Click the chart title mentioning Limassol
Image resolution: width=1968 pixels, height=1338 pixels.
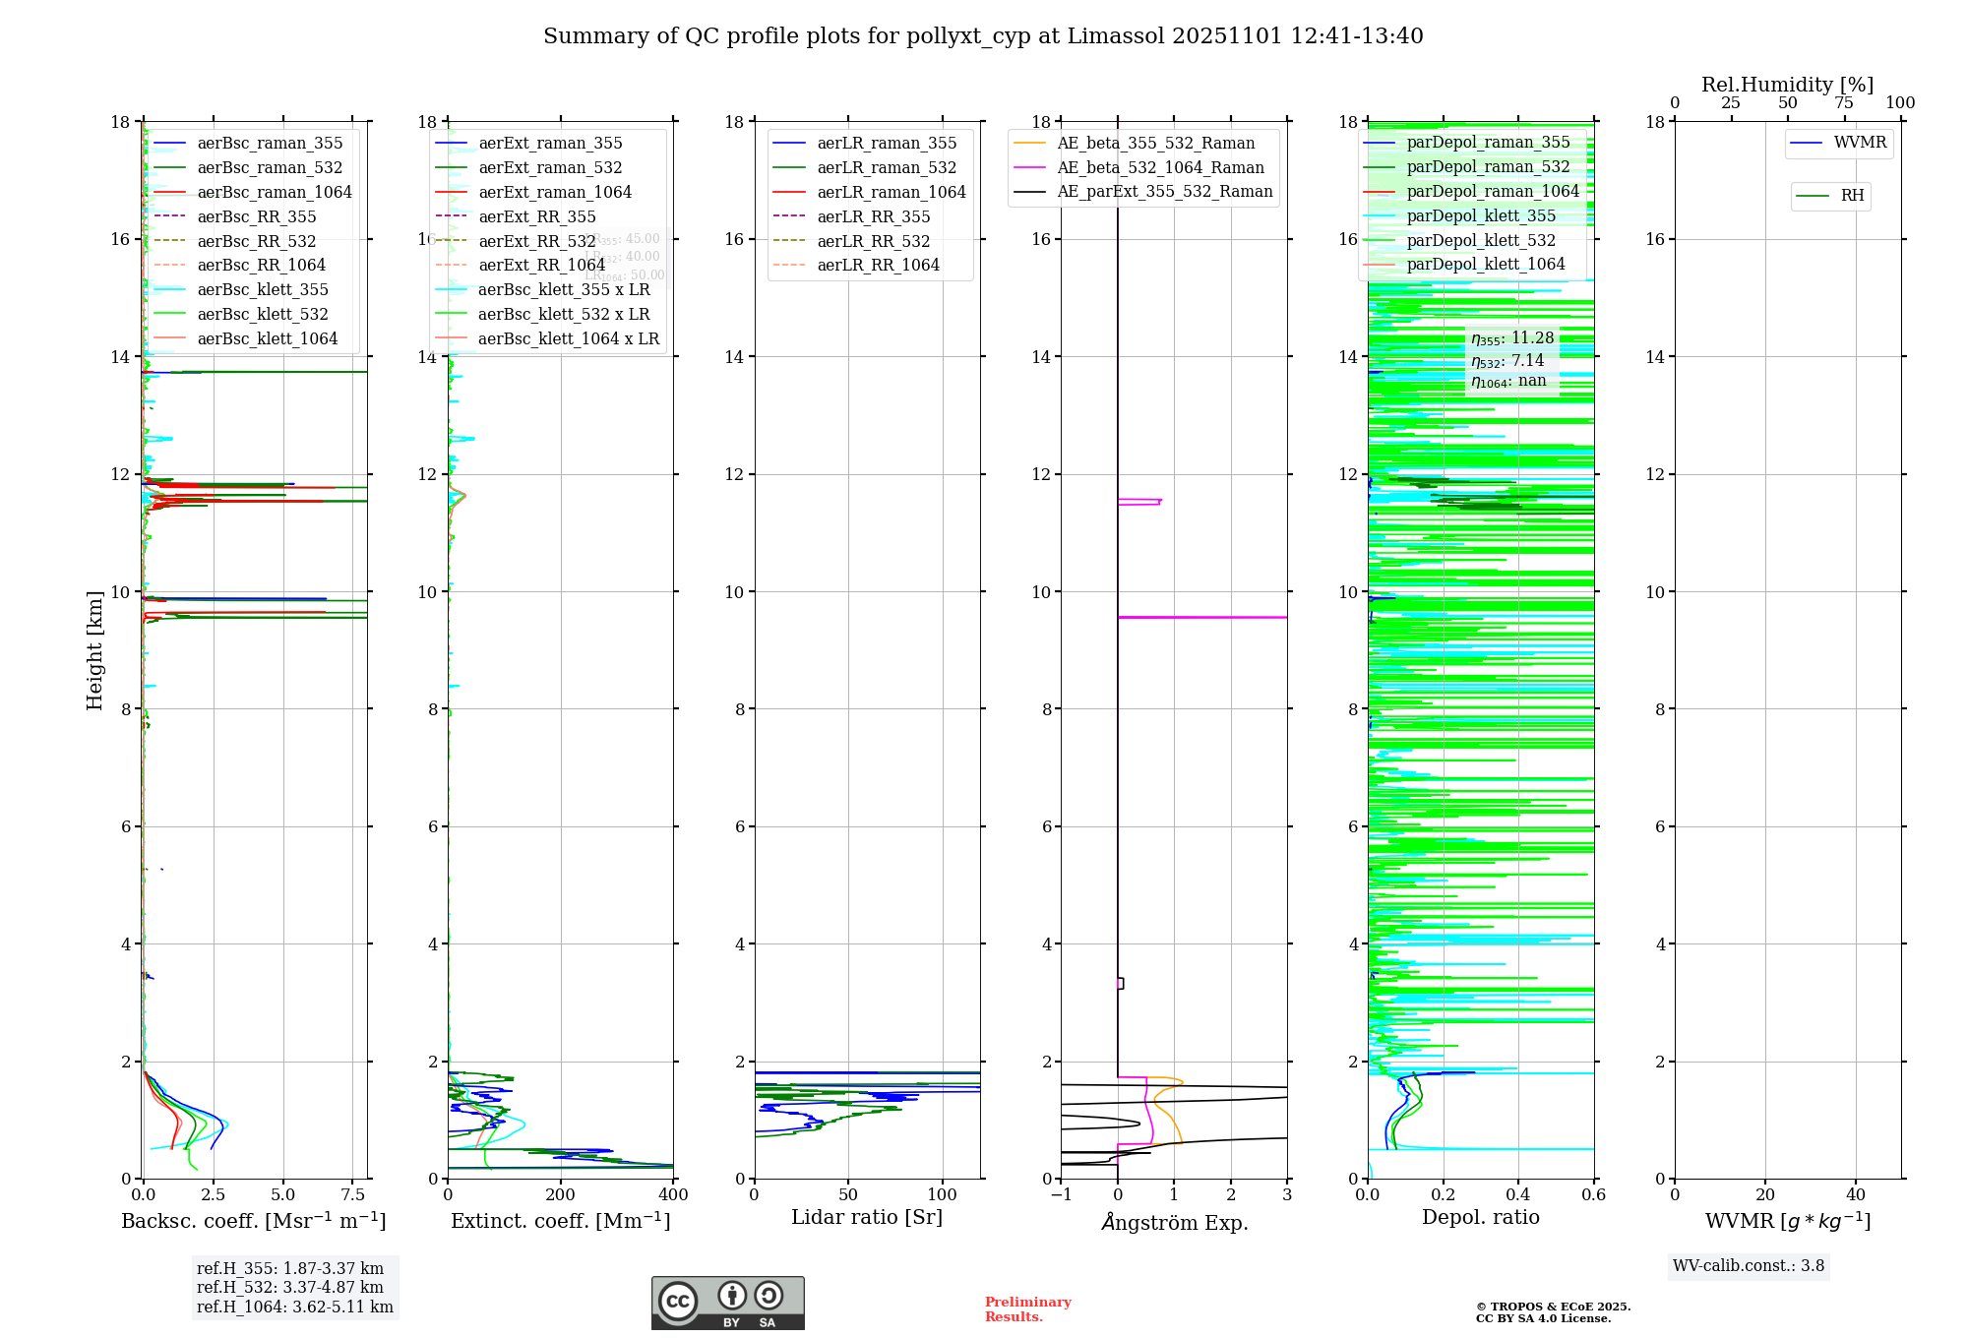pos(983,36)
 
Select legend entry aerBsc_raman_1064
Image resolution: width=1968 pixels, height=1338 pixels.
pos(274,192)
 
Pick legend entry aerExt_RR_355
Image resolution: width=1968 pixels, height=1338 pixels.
pos(536,216)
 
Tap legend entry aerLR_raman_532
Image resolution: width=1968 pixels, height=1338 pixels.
pos(886,167)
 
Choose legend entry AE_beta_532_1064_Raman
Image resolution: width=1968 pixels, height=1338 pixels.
pos(1160,167)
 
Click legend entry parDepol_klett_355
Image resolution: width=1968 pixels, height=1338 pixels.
pos(1480,215)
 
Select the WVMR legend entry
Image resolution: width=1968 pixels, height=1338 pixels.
pos(1859,143)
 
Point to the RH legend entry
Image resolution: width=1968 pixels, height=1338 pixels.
pos(1851,196)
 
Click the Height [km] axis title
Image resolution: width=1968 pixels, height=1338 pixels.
pos(94,649)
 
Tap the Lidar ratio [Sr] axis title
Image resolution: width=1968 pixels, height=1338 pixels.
pos(867,1217)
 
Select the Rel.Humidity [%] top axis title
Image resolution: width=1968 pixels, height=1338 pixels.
pos(1787,85)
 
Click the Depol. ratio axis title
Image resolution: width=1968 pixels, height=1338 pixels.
pos(1480,1217)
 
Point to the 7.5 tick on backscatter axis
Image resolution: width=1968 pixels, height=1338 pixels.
pos(353,1195)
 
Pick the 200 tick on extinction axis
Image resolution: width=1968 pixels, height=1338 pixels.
pos(561,1195)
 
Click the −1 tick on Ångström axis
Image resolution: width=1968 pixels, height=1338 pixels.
pos(1061,1195)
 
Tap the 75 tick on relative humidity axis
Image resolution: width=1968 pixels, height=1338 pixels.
pos(1843,103)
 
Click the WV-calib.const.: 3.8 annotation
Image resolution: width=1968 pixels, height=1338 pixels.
pos(1748,1266)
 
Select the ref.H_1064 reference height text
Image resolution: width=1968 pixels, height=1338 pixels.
pos(294,1307)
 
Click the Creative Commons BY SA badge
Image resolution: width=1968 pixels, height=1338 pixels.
pos(727,1303)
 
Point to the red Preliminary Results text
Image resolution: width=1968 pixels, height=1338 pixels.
pos(1027,1309)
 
